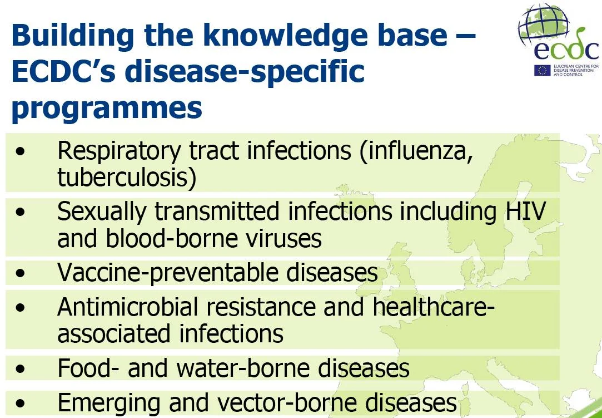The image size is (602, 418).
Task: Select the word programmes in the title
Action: pyautogui.click(x=107, y=109)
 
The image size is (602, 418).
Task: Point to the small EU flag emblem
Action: pyautogui.click(x=542, y=70)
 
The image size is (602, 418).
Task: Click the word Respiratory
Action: pyautogui.click(x=118, y=152)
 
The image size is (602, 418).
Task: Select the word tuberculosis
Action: pyautogui.click(x=127, y=178)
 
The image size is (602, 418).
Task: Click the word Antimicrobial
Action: pyautogui.click(x=128, y=307)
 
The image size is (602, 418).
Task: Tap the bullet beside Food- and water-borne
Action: pyautogui.click(x=21, y=369)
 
